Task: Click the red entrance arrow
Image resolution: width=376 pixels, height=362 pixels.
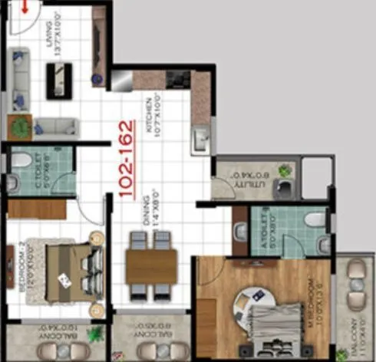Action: (x=25, y=7)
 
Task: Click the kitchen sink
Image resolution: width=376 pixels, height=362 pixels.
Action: (x=201, y=138)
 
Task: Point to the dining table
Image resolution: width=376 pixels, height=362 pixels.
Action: (x=151, y=265)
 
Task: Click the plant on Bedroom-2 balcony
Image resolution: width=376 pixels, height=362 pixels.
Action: (x=96, y=334)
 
